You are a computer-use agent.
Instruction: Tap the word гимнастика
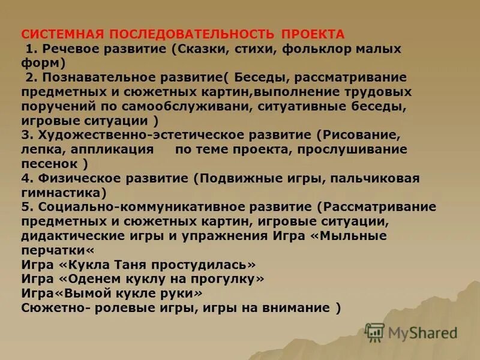61,193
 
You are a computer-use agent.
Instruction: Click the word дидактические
70,236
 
